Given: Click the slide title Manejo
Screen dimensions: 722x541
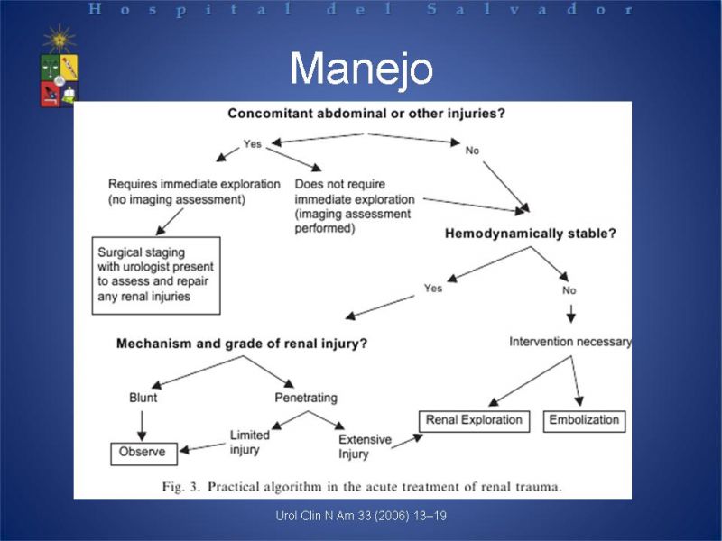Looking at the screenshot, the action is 362,69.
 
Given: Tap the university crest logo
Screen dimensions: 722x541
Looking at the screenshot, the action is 59,67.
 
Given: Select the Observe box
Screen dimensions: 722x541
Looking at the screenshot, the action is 144,454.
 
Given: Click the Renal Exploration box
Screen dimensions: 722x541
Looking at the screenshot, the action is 475,421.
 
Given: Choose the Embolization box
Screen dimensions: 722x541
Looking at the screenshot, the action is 584,421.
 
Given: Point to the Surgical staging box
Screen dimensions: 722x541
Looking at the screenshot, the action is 156,276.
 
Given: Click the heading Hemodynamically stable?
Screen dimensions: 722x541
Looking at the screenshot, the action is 531,234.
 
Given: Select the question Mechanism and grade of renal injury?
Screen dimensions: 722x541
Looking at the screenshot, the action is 242,344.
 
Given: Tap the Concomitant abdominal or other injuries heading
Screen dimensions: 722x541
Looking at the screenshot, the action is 366,114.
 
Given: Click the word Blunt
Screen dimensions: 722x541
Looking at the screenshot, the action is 143,398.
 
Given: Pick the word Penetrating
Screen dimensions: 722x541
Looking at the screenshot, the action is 306,398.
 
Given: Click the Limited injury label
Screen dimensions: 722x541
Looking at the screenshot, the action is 250,442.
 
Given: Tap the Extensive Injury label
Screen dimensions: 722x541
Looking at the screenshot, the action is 365,446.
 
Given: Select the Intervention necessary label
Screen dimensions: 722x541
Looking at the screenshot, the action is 570,342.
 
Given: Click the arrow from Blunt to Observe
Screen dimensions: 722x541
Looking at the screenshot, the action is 142,426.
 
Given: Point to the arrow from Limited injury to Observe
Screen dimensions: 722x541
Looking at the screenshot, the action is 202,447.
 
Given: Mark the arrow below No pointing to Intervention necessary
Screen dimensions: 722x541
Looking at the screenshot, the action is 571,313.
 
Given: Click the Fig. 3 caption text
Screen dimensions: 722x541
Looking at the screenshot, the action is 362,487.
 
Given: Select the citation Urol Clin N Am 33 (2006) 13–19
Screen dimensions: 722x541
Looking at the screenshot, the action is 361,516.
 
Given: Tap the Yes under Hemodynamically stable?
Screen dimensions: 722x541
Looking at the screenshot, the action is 433,289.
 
